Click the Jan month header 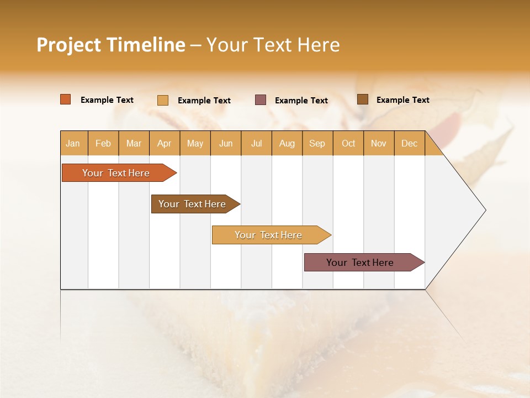point(73,143)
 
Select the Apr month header point(164,143)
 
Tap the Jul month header point(256,143)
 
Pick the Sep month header point(317,143)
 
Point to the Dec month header point(409,143)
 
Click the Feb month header point(103,143)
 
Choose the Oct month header point(348,143)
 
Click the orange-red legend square point(66,99)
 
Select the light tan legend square point(163,100)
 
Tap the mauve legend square point(261,100)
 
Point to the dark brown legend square point(363,99)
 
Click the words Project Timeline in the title point(111,45)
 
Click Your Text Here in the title point(273,45)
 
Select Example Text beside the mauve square point(301,101)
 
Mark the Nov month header point(379,143)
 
